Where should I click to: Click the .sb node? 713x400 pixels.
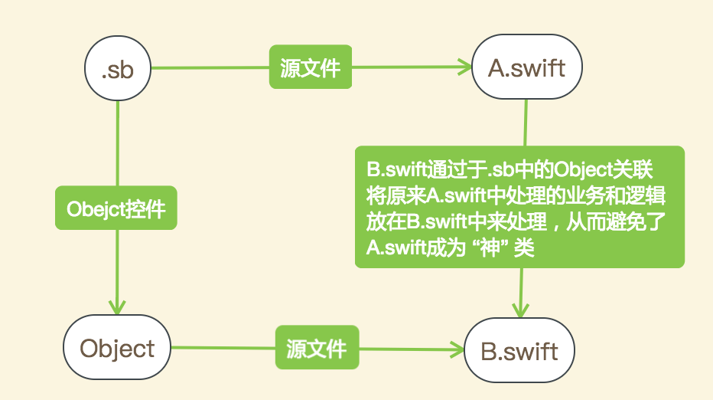pyautogui.click(x=118, y=69)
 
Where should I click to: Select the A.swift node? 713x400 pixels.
pyautogui.click(x=526, y=68)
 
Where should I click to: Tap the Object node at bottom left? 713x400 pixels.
pyautogui.click(x=117, y=348)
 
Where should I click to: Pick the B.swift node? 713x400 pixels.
pyautogui.click(x=519, y=352)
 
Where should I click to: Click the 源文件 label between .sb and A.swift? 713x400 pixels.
pyautogui.click(x=310, y=68)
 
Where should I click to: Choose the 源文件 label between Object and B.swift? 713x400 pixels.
pyautogui.click(x=316, y=349)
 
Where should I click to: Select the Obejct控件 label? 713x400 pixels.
pyautogui.click(x=116, y=208)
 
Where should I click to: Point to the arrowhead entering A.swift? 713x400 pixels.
pyautogui.click(x=464, y=67)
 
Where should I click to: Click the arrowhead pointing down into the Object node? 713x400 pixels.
pyautogui.click(x=117, y=306)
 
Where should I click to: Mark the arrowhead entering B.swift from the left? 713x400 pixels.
pyautogui.click(x=457, y=351)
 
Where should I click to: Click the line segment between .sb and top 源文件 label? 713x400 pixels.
pyautogui.click(x=210, y=68)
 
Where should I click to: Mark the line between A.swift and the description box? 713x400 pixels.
pyautogui.click(x=526, y=123)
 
